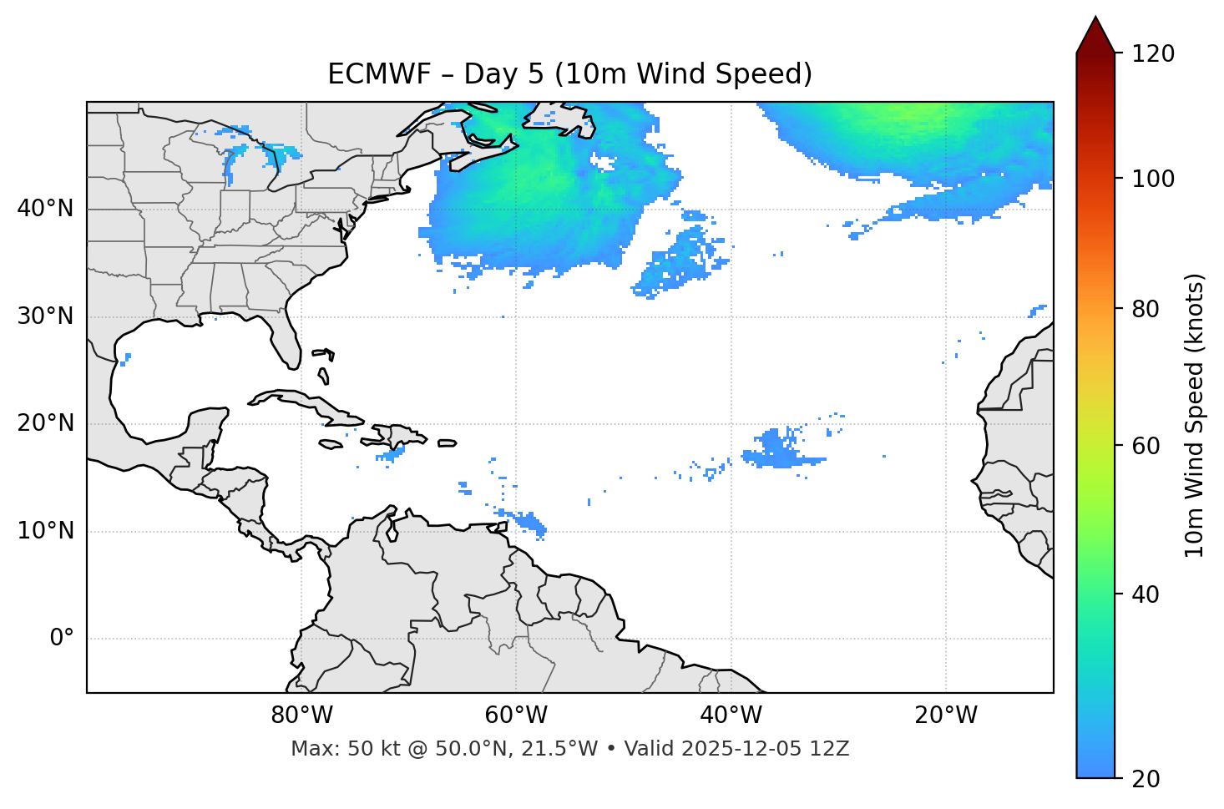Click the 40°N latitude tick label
click(x=45, y=209)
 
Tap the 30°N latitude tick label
click(x=45, y=316)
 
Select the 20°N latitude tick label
click(x=45, y=423)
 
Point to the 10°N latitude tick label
click(x=45, y=531)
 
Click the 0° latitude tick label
click(x=62, y=639)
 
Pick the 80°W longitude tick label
click(x=301, y=715)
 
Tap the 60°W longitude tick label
click(x=516, y=715)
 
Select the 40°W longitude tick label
click(x=731, y=715)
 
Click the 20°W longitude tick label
click(x=945, y=715)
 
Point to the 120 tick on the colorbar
click(x=1153, y=54)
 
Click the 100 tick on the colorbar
click(x=1153, y=179)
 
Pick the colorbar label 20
click(x=1146, y=779)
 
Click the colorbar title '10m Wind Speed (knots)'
click(x=1195, y=415)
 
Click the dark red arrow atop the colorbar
click(x=1095, y=35)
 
